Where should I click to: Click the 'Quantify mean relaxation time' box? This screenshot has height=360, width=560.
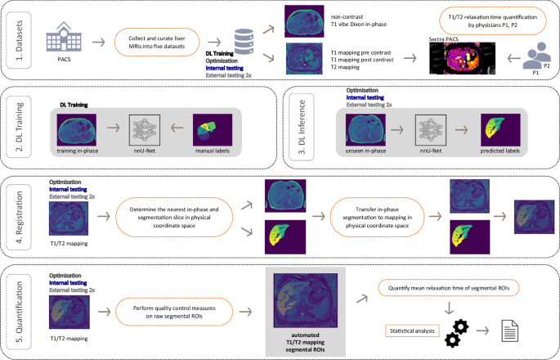coord(462,287)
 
